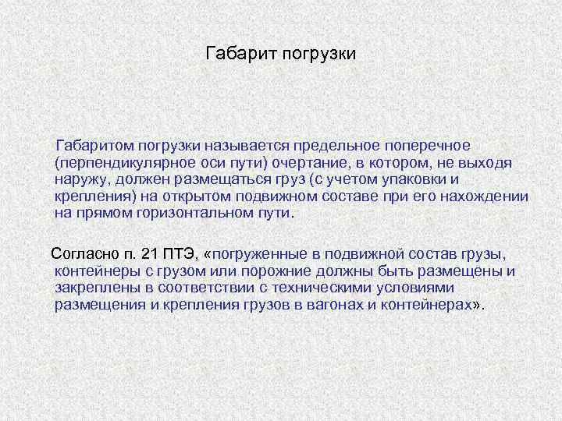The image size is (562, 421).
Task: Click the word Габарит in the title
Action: tap(234, 54)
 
